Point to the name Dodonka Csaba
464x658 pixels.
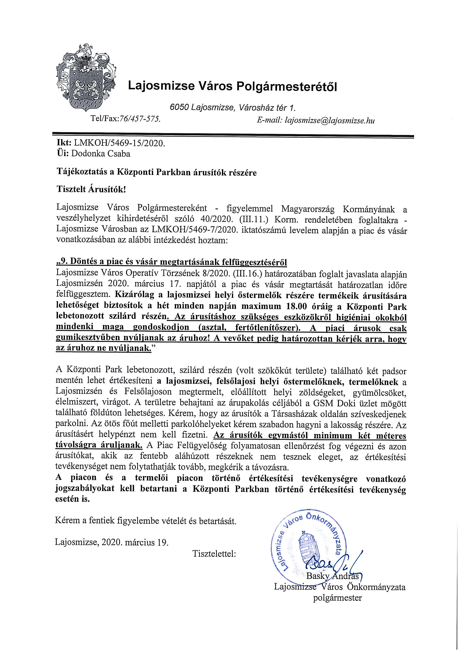[101, 154]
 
